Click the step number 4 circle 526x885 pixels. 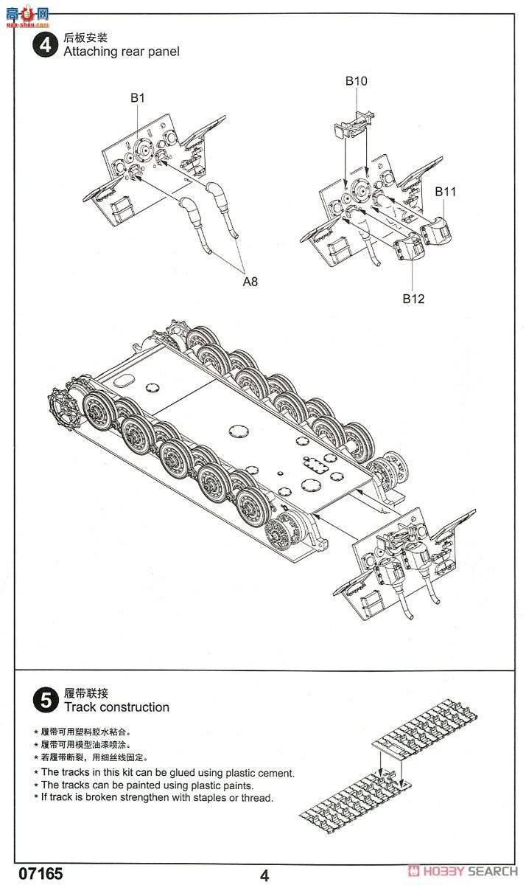(x=46, y=45)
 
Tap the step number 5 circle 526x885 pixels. (x=46, y=700)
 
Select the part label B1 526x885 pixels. (x=138, y=97)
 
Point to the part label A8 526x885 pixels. (x=250, y=281)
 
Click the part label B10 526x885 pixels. (x=356, y=81)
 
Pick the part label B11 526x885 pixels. (x=445, y=192)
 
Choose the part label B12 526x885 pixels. (x=413, y=299)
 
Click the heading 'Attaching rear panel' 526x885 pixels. (x=121, y=52)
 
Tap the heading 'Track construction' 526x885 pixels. (x=116, y=707)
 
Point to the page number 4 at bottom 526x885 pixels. (x=264, y=875)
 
